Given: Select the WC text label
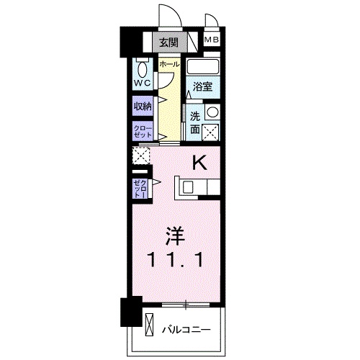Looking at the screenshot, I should pos(141,83).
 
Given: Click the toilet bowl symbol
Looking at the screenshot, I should pos(141,68).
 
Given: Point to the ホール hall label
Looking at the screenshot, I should pos(169,65).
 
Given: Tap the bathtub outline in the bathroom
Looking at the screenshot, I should pos(202,66).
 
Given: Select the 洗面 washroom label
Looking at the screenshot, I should pos(195,122).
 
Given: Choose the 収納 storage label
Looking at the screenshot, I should pos(142,106).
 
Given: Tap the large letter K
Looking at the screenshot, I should pos(199,163).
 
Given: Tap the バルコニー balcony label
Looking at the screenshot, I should pos(186,328).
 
